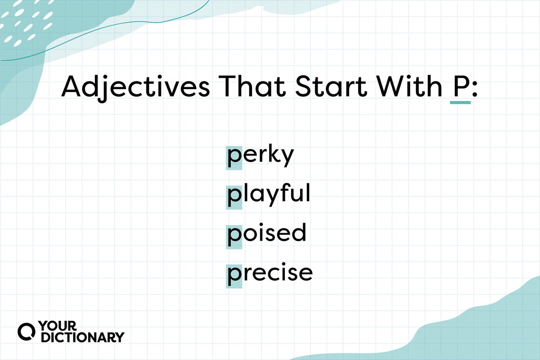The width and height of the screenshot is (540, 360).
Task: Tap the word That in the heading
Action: click(252, 86)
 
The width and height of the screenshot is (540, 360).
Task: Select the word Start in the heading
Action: click(331, 86)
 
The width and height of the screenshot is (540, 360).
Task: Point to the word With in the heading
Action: click(409, 86)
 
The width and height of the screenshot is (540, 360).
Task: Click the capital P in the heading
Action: click(460, 86)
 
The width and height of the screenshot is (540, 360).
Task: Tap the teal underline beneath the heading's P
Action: click(460, 103)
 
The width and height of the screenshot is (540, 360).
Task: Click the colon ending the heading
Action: click(474, 89)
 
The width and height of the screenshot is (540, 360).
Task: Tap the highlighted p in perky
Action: click(234, 158)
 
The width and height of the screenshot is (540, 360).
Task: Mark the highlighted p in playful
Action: click(234, 198)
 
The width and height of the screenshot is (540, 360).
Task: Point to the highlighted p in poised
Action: click(234, 237)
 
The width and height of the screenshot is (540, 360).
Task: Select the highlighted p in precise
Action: click(234, 276)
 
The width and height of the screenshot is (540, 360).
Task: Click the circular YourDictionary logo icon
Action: click(26, 332)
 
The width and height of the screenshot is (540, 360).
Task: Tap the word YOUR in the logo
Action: click(58, 326)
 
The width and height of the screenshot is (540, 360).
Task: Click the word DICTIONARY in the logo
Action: click(83, 337)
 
